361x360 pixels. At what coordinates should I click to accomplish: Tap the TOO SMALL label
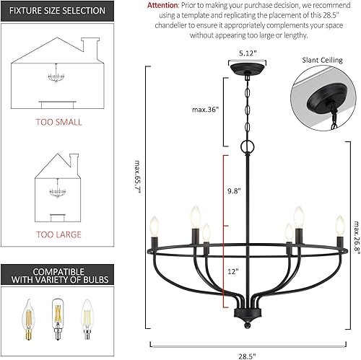point(58,122)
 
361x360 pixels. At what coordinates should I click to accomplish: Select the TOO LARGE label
point(58,234)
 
